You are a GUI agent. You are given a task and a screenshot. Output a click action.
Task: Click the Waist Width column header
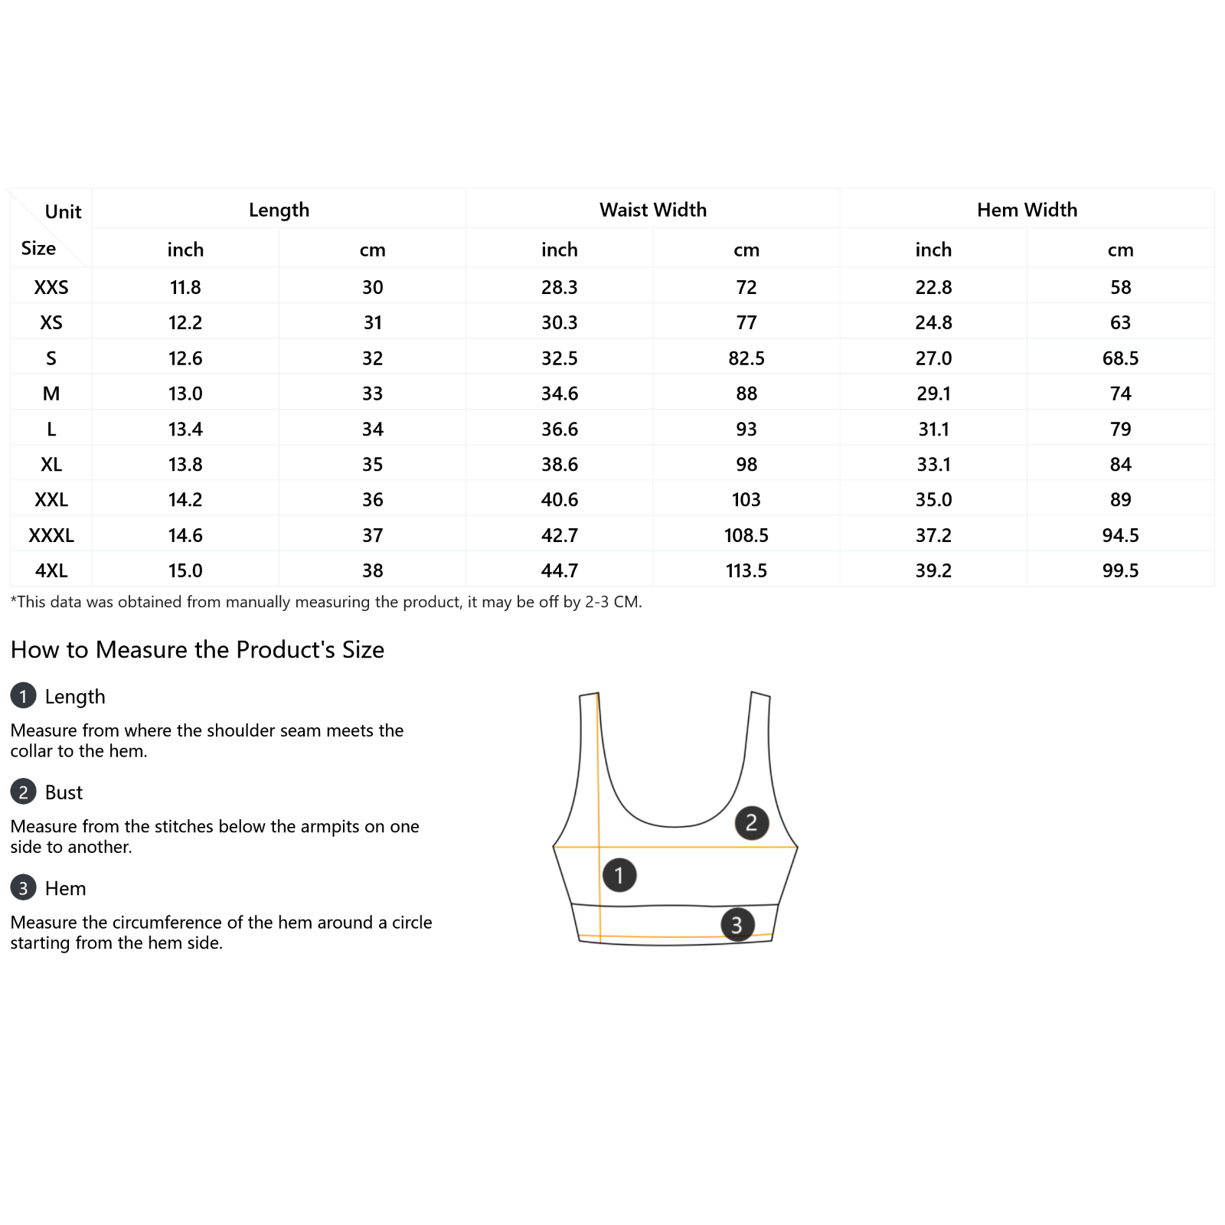click(x=652, y=210)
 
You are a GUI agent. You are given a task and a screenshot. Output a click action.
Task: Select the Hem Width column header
click(x=1026, y=210)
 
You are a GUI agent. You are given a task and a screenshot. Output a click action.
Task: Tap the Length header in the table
click(x=279, y=210)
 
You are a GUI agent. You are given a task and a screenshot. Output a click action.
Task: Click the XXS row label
click(x=51, y=287)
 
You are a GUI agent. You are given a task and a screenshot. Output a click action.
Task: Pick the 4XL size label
click(x=51, y=570)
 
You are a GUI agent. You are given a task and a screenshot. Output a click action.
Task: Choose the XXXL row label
click(x=51, y=535)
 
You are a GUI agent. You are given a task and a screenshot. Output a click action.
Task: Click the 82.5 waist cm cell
click(x=746, y=358)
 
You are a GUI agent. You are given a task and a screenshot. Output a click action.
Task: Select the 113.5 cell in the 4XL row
click(x=746, y=570)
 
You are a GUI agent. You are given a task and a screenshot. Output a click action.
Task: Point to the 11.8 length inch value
click(x=185, y=287)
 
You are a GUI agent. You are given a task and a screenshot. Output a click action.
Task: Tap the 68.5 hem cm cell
click(x=1120, y=358)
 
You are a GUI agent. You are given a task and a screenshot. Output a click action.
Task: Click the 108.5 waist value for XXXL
click(x=746, y=535)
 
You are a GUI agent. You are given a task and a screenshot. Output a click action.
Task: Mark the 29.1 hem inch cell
click(x=933, y=394)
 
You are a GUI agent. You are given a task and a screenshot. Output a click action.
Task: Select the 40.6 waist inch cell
click(x=560, y=500)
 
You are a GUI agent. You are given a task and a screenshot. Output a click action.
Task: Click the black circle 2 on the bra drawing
click(x=751, y=822)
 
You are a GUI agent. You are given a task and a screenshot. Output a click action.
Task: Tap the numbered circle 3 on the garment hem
click(x=737, y=925)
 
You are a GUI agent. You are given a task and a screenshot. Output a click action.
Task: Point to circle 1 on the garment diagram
click(x=619, y=874)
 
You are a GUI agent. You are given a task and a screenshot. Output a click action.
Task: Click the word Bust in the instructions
click(x=64, y=792)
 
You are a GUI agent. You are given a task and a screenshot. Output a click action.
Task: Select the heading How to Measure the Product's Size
click(x=198, y=649)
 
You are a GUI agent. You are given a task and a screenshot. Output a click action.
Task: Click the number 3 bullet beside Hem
click(x=23, y=887)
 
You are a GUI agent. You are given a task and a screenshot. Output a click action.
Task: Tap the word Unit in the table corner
click(x=63, y=212)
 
